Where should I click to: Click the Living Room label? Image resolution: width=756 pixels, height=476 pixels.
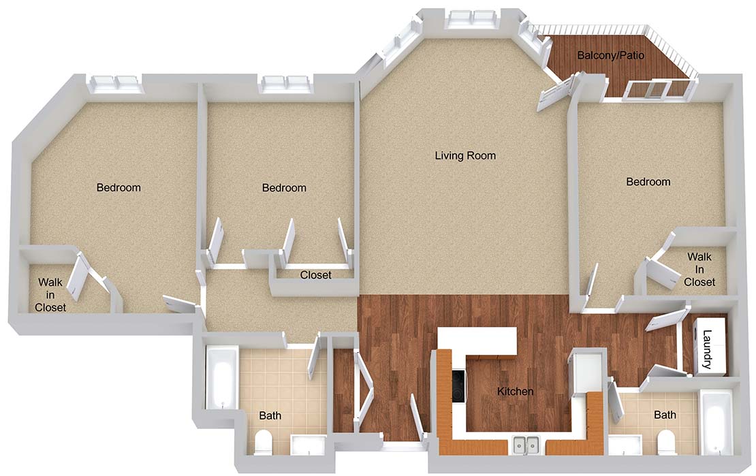tap(465, 156)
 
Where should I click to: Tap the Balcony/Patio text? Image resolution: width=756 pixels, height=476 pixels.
tap(610, 55)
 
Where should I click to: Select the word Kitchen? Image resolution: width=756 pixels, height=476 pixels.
tap(515, 391)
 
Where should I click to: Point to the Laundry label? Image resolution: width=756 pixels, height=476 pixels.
tap(708, 349)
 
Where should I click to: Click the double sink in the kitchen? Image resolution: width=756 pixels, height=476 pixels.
tap(526, 444)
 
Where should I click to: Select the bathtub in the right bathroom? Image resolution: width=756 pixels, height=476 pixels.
tap(716, 424)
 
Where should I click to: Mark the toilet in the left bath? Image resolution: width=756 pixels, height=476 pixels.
tap(264, 442)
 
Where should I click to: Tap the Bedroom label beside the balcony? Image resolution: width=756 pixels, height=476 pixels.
tap(648, 182)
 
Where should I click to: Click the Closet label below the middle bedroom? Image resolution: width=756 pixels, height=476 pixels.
tap(316, 275)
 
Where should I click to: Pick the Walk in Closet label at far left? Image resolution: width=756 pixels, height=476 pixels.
tap(50, 294)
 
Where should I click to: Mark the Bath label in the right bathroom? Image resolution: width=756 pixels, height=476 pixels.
tap(665, 415)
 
